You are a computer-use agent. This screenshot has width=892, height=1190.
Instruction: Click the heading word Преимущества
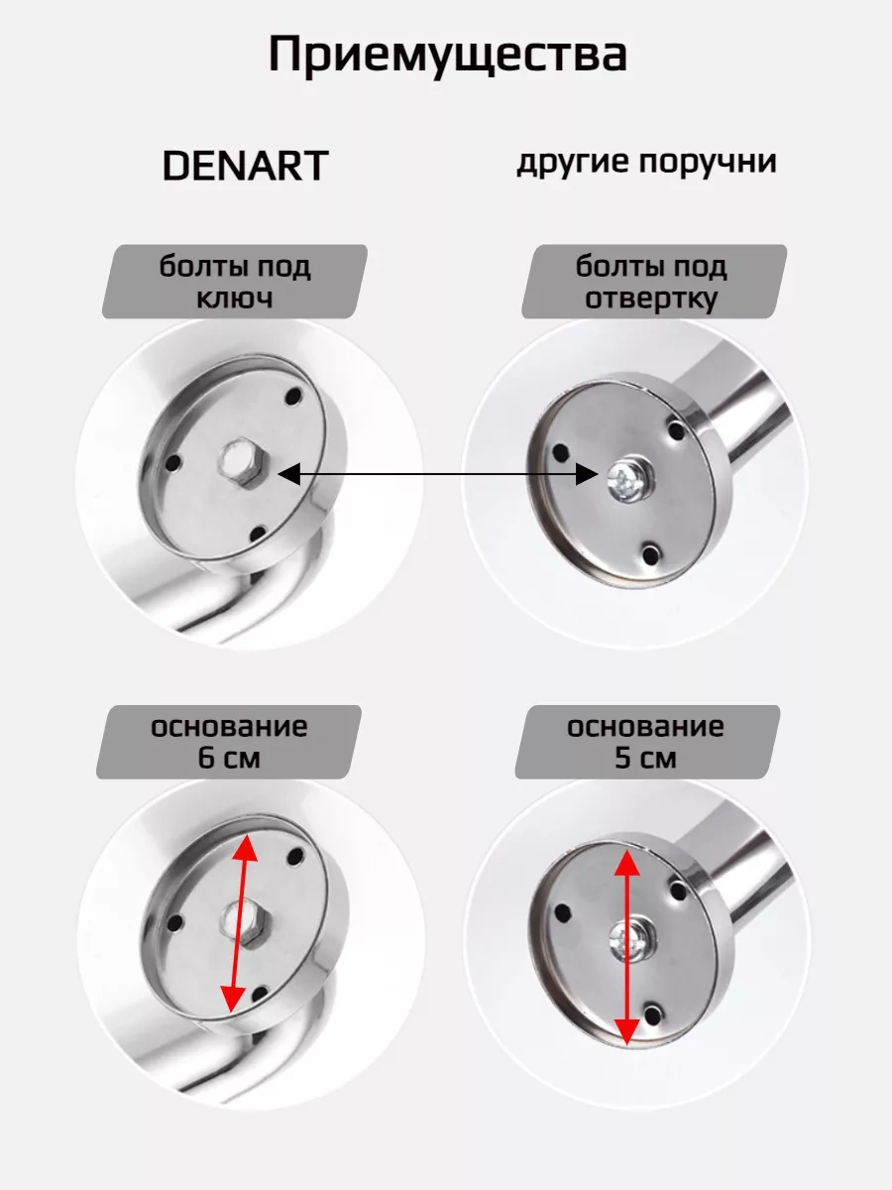point(448,55)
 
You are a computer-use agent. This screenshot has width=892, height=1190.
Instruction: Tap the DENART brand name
point(246,166)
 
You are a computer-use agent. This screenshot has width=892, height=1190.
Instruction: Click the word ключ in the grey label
point(235,298)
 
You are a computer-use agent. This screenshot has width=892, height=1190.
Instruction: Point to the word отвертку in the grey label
point(651,298)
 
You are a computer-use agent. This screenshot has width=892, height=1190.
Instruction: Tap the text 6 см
point(229,758)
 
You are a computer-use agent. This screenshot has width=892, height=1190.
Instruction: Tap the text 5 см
point(645,758)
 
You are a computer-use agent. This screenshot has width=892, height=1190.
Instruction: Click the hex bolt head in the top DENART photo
point(244,462)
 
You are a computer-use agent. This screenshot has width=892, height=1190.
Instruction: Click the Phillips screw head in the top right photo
point(630,480)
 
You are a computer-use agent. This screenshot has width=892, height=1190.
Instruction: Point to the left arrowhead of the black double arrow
point(288,474)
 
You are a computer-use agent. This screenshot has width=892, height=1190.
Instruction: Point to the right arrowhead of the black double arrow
point(587,474)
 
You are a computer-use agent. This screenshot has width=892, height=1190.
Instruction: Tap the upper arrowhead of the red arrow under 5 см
point(627,864)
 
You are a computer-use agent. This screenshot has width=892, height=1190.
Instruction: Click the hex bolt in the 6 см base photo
point(247,922)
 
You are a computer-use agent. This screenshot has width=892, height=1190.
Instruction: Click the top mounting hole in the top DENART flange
point(294,397)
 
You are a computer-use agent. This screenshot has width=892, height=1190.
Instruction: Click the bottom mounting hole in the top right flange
point(651,554)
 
